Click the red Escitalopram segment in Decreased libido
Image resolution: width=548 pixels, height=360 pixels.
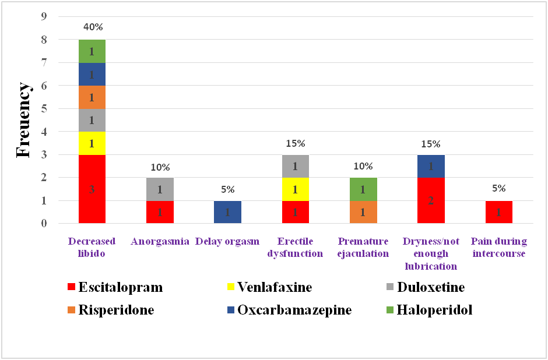coord(92,189)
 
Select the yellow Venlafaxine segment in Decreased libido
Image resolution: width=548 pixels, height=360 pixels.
coord(92,143)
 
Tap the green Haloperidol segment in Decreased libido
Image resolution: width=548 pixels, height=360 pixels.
coord(92,51)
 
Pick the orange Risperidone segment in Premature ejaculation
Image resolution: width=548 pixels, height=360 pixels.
coord(363,212)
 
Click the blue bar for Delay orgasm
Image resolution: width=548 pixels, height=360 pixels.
coord(227,212)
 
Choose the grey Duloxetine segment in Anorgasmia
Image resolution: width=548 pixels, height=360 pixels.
coord(159,189)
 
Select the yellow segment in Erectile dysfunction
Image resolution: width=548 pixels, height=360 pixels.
coord(295,189)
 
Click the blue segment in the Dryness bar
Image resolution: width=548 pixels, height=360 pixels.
coord(431,166)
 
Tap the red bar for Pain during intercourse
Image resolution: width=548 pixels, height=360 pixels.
coord(498,212)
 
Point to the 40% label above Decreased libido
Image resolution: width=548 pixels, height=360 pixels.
coord(92,27)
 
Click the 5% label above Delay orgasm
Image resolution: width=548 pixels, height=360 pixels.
coord(227,189)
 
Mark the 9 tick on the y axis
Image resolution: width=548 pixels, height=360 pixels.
coord(44,17)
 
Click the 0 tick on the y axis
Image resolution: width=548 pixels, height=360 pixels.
coord(44,223)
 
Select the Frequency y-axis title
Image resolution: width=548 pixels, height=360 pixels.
coord(23,120)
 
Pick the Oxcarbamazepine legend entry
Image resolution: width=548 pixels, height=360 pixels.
coord(288,310)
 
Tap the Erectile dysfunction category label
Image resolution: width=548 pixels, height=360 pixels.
coord(295,247)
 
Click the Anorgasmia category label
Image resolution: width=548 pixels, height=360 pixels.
coord(159,241)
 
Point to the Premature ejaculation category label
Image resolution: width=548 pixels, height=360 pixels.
coord(363,247)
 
